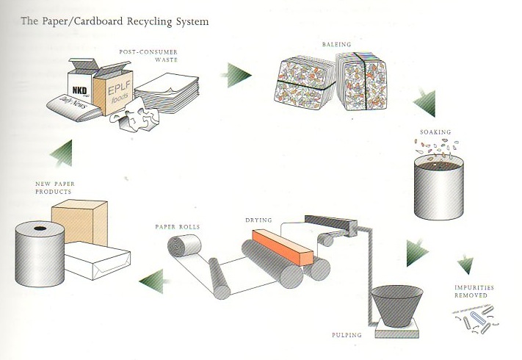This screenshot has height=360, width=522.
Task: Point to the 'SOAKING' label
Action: [x=435, y=132]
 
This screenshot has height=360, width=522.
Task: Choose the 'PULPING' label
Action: [x=349, y=336]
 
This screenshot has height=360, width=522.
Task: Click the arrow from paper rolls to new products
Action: [x=151, y=278]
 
